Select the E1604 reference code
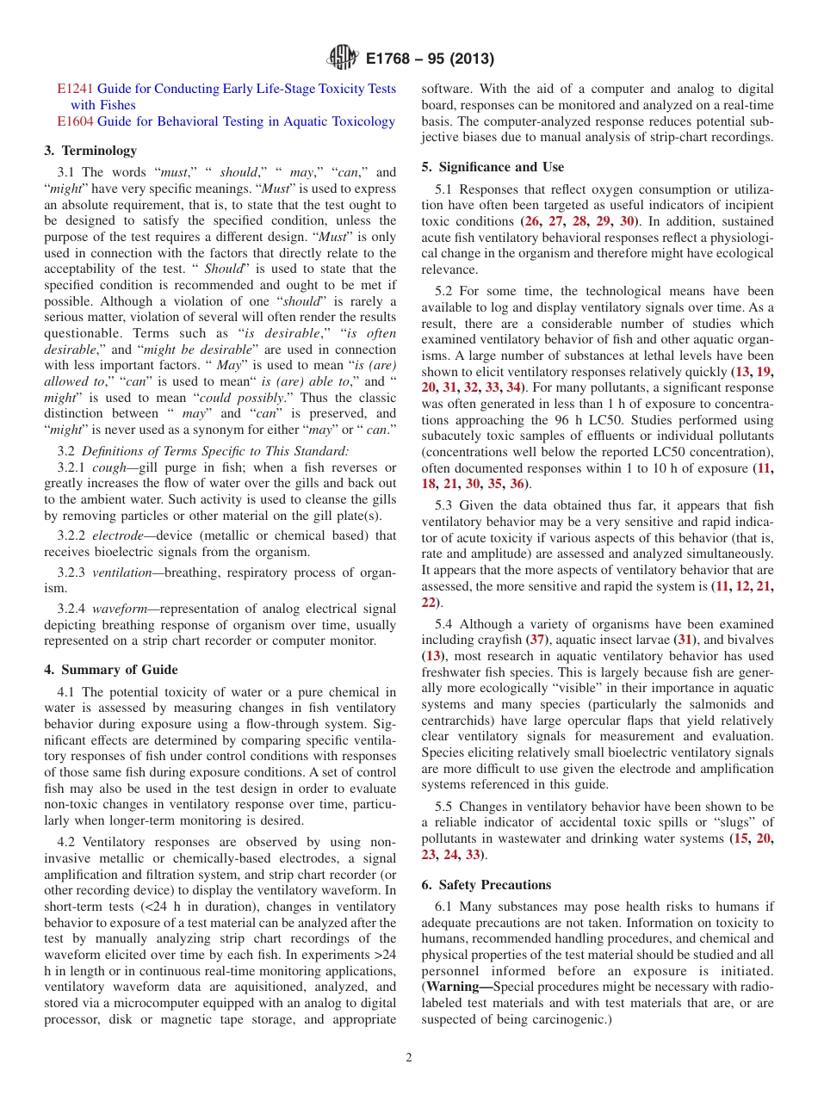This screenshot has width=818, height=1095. click(x=75, y=121)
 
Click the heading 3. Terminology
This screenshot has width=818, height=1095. click(x=90, y=151)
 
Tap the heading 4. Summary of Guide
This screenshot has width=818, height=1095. click(x=111, y=670)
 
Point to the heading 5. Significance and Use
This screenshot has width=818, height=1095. click(x=493, y=167)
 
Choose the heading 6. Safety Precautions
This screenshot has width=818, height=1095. click(x=486, y=885)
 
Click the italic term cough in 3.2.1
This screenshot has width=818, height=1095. click(x=109, y=467)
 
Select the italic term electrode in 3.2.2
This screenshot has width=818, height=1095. click(x=119, y=535)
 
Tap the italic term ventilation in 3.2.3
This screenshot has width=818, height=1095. click(x=122, y=572)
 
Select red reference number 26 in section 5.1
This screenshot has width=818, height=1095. click(x=534, y=221)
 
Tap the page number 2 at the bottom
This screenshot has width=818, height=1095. click(x=409, y=1058)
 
